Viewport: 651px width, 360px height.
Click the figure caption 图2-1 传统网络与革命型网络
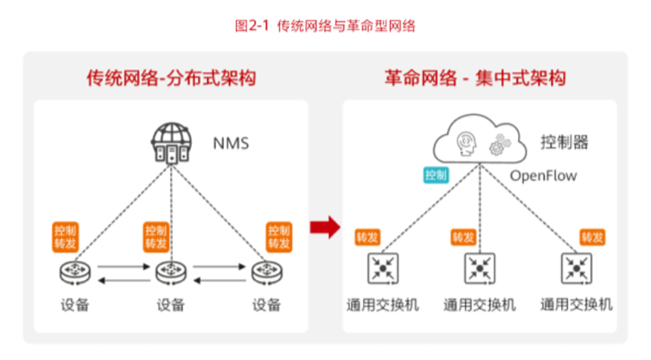pos(325,26)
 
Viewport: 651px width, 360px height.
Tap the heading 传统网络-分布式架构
pos(170,78)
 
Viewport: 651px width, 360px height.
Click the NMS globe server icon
pos(170,144)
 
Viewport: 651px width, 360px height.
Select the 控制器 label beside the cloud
pos(563,141)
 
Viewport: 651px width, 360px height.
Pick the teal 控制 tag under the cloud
pos(436,175)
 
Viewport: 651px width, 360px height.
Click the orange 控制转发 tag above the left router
pos(67,237)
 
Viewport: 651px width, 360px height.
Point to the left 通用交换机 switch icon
pos(379,267)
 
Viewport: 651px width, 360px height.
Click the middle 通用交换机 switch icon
pos(479,267)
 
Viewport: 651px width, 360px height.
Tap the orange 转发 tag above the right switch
pos(593,237)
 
